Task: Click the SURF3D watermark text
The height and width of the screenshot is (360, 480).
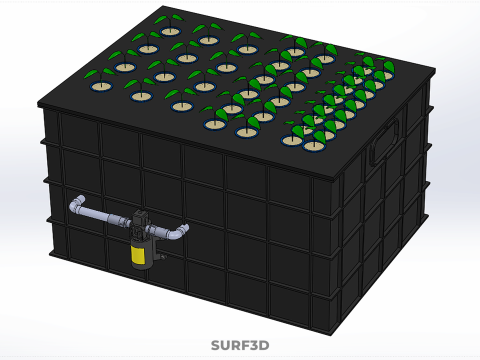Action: [240, 346]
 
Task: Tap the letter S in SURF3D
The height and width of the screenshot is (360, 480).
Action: [216, 346]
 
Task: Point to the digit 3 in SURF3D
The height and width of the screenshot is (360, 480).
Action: [252, 346]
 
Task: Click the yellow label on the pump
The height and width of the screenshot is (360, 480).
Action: [139, 254]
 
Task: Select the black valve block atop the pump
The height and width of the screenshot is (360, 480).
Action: [141, 219]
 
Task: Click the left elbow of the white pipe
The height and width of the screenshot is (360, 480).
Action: [77, 207]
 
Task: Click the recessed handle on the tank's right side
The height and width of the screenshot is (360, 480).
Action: [383, 145]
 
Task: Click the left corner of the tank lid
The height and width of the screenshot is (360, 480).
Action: [38, 100]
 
